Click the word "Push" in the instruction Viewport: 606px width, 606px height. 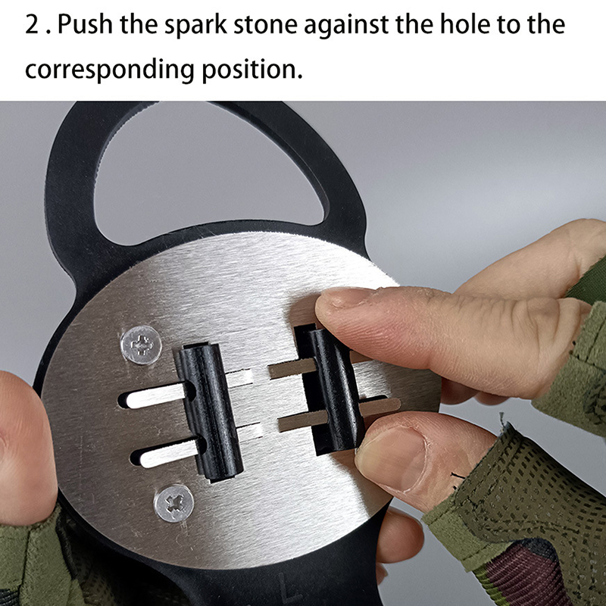coord(85,24)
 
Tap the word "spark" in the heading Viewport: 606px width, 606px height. coord(196,26)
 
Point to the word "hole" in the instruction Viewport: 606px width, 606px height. coord(465,24)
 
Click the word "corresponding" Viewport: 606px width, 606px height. coord(109,70)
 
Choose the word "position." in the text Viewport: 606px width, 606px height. coord(252,70)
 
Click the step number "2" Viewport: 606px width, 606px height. coord(32,24)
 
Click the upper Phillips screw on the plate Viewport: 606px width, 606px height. coord(141,345)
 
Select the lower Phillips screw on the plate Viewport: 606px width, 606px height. coord(174,503)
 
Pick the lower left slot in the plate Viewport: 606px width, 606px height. coord(167,452)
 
